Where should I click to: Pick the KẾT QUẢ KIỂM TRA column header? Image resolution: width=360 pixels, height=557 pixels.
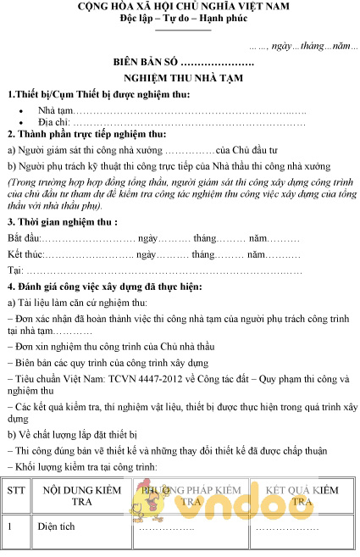pyautogui.click(x=302, y=496)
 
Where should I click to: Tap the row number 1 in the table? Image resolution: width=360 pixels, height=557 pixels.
pyautogui.click(x=10, y=526)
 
